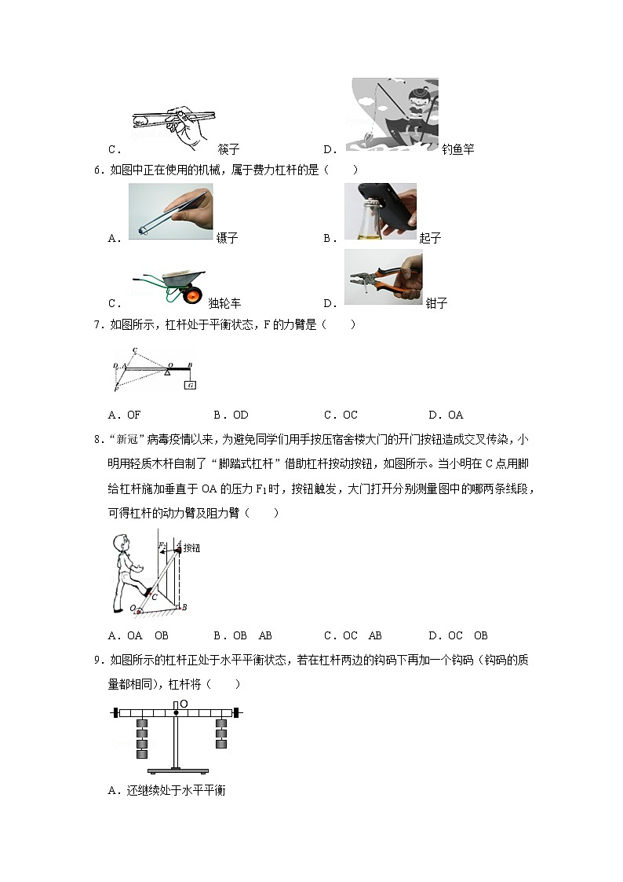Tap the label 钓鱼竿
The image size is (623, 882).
pyautogui.click(x=457, y=149)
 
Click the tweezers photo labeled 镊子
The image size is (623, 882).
pyautogui.click(x=170, y=211)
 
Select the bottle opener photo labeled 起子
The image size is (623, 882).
pyautogui.click(x=381, y=211)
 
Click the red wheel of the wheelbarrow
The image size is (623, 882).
pyautogui.click(x=191, y=296)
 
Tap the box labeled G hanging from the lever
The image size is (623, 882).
pyautogui.click(x=190, y=385)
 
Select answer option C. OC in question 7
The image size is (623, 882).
pyautogui.click(x=341, y=415)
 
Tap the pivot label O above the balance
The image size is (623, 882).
pyautogui.click(x=184, y=704)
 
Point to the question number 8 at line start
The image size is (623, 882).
pyautogui.click(x=97, y=440)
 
